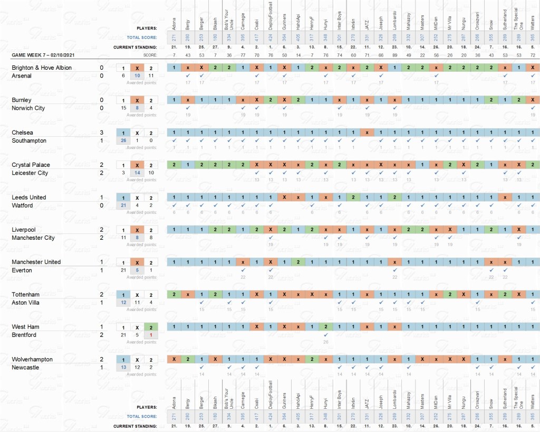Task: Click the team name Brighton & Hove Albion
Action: [42, 68]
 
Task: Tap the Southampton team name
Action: [29, 140]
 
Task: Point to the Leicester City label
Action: [30, 173]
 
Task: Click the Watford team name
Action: [22, 205]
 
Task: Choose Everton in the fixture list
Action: [22, 270]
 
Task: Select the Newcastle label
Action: [26, 367]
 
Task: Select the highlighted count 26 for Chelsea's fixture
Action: [123, 140]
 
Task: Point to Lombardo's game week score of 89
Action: [394, 55]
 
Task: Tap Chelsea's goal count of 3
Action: [101, 133]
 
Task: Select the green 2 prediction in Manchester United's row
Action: [298, 262]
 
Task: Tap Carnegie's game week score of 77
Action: [243, 55]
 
